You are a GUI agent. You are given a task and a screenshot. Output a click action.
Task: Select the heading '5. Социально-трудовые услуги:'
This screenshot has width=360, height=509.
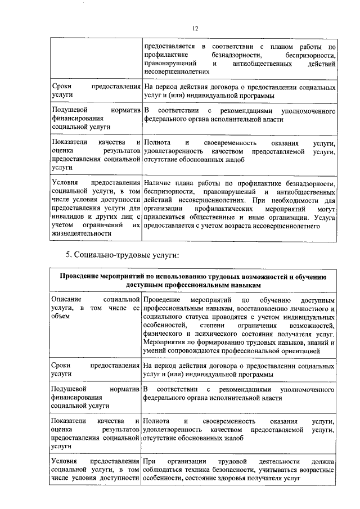(x=123, y=256)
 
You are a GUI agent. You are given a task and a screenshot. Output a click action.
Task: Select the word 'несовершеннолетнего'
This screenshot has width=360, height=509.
(x=290, y=225)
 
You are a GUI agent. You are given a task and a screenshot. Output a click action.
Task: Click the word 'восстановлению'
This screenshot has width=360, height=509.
(x=254, y=309)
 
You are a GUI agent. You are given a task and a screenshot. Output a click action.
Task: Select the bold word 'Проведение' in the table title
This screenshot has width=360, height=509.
(x=80, y=277)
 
